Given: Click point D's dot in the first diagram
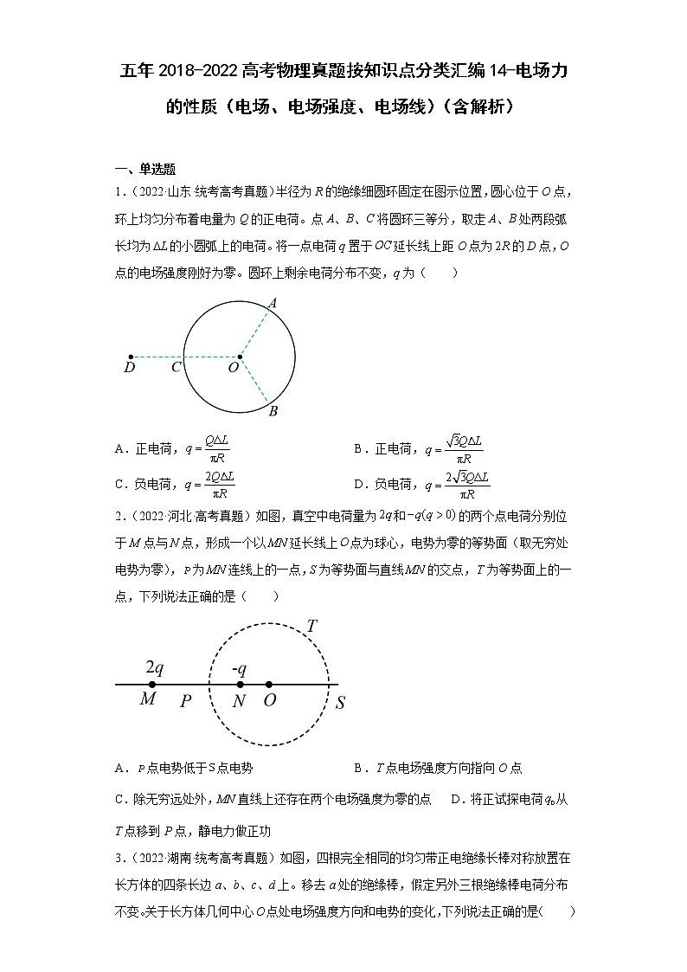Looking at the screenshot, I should [131, 356].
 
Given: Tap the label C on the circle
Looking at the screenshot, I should [176, 368].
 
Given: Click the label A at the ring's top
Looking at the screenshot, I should [272, 303].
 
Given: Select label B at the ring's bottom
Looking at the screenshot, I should [273, 410].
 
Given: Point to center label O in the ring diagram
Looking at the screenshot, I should [233, 368].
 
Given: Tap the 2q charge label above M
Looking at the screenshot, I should [154, 667].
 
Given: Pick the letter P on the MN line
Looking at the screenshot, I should [185, 701].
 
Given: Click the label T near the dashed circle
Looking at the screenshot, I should [311, 626].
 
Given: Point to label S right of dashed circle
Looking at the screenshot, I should [340, 703].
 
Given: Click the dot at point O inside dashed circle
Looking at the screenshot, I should [269, 685].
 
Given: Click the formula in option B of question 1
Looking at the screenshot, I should [453, 448].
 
